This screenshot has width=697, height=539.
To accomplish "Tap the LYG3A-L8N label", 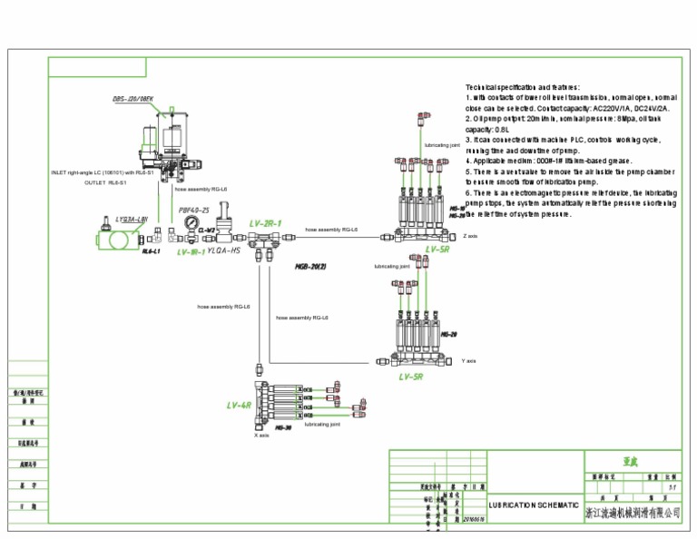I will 131,219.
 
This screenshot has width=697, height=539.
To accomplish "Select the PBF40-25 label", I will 194,210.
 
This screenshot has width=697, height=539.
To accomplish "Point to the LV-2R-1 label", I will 266,223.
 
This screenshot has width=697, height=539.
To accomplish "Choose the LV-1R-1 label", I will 191,252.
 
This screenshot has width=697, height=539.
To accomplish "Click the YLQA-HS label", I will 224,250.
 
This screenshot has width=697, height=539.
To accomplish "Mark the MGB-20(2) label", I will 310,267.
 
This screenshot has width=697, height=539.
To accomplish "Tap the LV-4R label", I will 239,406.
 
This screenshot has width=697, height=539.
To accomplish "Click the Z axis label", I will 470,236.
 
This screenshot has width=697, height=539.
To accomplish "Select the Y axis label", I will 468,360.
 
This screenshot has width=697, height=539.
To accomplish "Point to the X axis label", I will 261,436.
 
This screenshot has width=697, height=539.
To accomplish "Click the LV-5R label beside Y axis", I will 411,376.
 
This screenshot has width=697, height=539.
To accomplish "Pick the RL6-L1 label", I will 151,251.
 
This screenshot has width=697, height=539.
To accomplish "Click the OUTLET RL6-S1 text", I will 105,181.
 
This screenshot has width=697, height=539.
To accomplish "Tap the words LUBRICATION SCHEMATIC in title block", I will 534,505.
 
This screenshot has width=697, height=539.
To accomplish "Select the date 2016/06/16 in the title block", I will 474,520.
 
